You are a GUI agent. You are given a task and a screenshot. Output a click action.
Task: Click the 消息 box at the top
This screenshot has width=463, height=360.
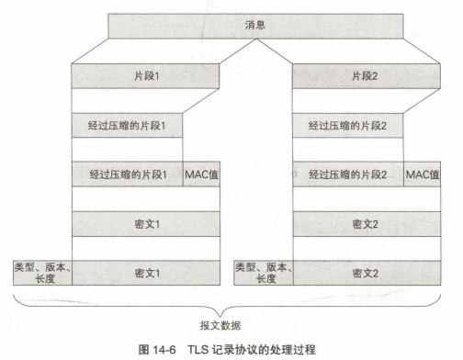point(256,25)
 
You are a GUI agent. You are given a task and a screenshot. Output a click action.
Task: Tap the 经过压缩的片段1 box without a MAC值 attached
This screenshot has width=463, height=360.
point(145,124)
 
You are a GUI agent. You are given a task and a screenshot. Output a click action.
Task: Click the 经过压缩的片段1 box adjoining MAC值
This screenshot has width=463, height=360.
point(128,174)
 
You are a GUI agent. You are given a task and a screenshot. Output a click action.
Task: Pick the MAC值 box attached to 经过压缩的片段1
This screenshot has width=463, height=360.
point(201,174)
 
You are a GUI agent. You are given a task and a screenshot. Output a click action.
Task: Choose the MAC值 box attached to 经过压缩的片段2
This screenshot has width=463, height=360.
point(423,174)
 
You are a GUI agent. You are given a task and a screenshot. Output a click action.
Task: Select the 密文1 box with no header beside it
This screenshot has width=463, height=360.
point(145,223)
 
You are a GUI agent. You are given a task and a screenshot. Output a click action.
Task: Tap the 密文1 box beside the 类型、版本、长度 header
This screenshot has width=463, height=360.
point(145,273)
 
